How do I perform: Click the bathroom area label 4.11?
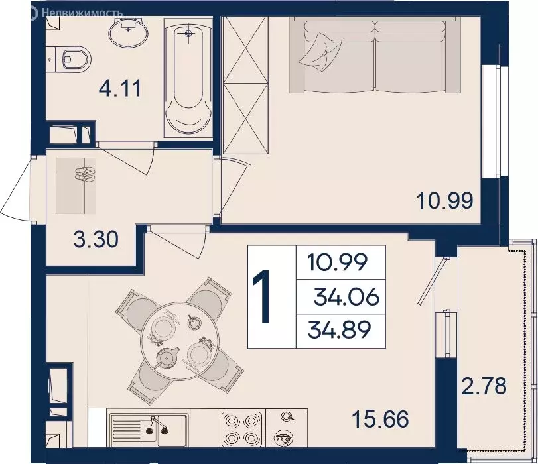coord(120,88)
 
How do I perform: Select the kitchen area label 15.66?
coord(380,419)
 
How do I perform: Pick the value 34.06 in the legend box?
coord(347,298)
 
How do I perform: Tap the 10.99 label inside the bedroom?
coord(444,200)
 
